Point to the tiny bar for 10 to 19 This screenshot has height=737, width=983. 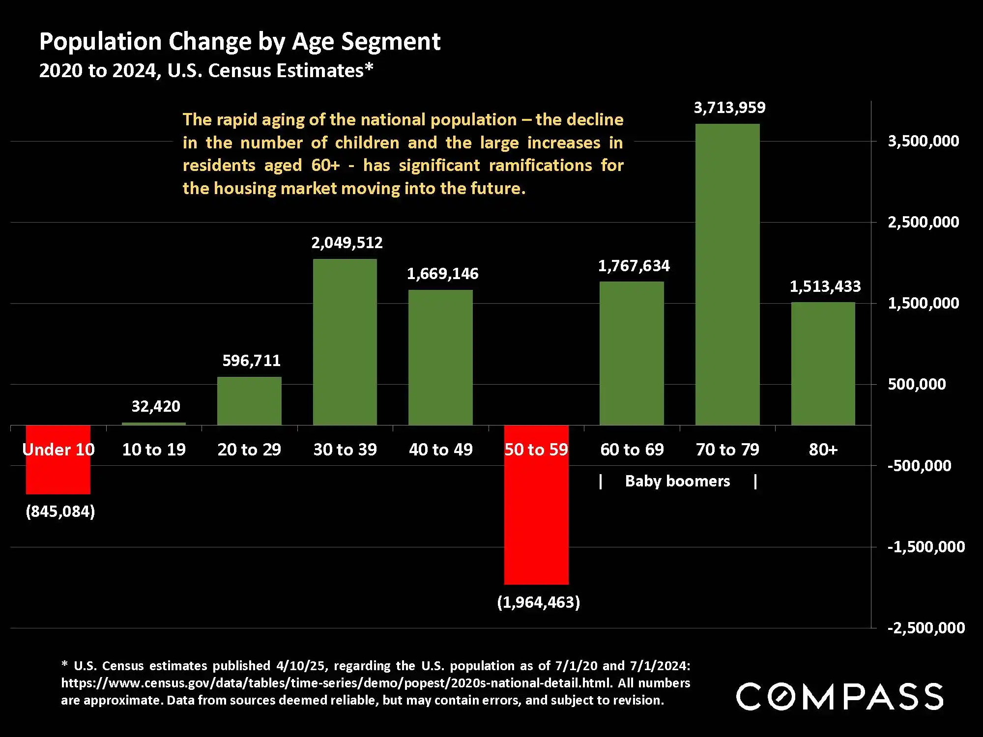(154, 424)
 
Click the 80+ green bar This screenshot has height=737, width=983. (823, 364)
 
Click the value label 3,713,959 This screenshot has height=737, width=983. (729, 108)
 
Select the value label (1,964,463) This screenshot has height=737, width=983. (538, 602)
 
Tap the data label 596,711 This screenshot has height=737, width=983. (251, 361)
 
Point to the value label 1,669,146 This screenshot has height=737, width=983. (442, 274)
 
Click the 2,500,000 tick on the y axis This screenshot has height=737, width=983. (923, 222)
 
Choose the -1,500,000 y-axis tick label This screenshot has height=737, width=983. (926, 546)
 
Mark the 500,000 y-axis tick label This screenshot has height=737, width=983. (917, 384)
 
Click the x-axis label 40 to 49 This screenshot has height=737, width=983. (440, 450)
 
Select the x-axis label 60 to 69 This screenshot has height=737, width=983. (632, 450)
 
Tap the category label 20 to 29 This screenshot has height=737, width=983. (249, 450)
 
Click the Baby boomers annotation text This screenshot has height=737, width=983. (677, 481)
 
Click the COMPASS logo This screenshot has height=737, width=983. (839, 696)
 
